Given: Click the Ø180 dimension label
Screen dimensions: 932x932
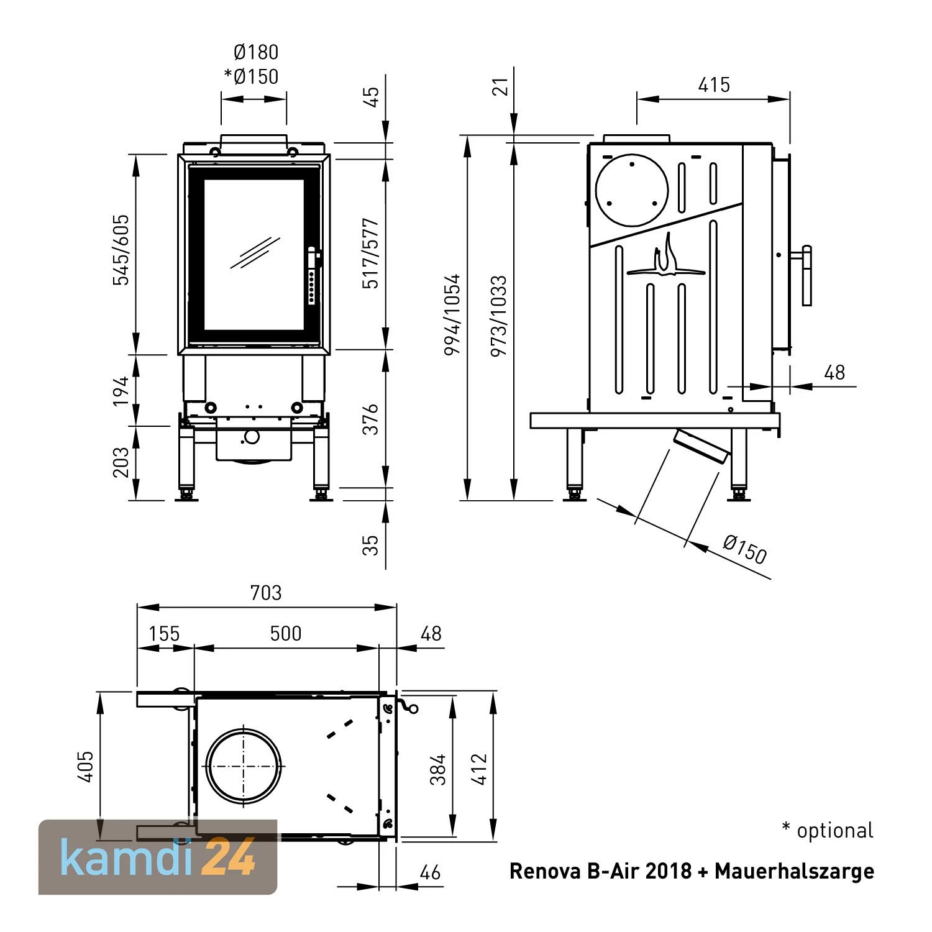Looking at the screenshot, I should [255, 52].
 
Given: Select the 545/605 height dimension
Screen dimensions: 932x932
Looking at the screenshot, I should [121, 250].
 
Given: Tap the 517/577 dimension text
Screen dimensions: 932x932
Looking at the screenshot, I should [370, 254].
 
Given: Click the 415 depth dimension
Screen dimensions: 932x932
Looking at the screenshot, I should [713, 85].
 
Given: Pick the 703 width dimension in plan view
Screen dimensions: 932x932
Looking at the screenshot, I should [266, 593].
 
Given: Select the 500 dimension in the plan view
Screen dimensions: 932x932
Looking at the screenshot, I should [286, 633].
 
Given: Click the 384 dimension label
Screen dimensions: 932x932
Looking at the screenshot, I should [438, 769].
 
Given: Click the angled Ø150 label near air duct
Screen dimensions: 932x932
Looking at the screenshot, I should [744, 549].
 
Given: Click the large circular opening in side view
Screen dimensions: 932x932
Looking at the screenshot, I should [631, 188].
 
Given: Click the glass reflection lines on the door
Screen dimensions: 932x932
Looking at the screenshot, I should [255, 252].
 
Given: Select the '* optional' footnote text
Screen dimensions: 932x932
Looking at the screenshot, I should [827, 830].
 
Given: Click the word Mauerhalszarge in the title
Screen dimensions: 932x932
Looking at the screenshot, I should [794, 871].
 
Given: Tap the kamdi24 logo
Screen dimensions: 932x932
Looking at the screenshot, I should [158, 857].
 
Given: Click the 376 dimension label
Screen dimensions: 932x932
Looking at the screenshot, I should [370, 419].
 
